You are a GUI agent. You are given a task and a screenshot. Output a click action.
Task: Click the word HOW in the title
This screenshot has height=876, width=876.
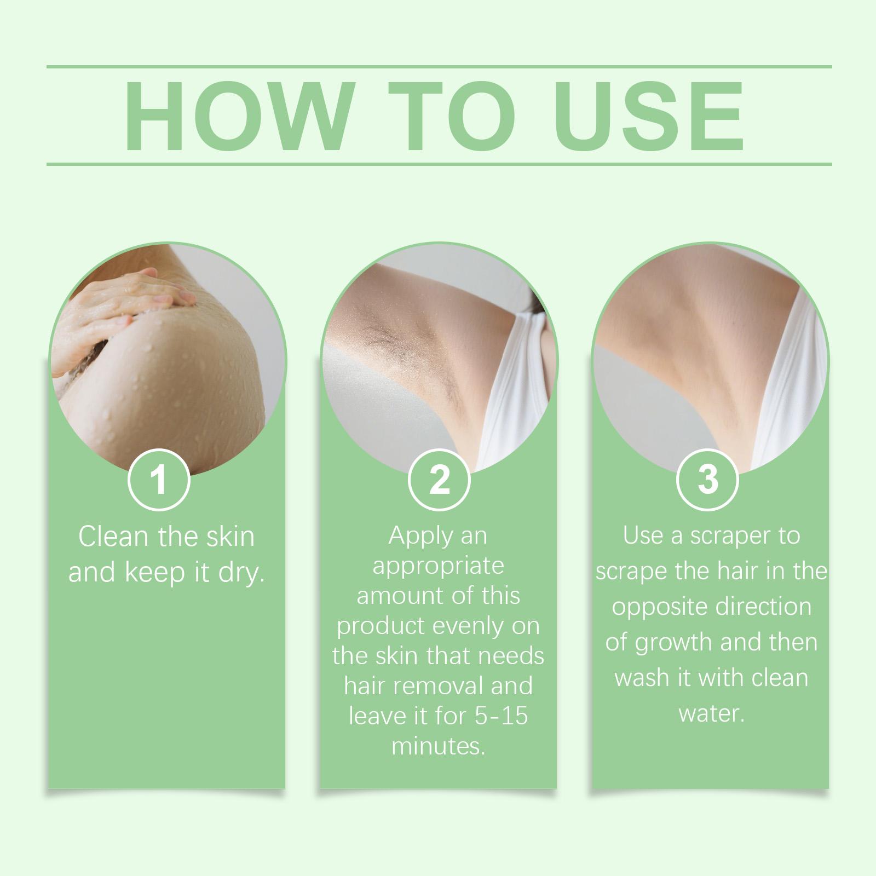pyautogui.click(x=236, y=116)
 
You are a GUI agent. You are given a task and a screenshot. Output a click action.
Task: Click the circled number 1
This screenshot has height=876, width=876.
pyautogui.click(x=159, y=479)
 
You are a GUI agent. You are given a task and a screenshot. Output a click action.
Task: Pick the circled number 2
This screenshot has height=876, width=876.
pyautogui.click(x=439, y=479)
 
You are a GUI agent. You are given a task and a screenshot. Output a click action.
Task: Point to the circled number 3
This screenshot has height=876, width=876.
pyautogui.click(x=708, y=479)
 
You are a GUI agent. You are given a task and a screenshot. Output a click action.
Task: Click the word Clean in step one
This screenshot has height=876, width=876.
pyautogui.click(x=114, y=537)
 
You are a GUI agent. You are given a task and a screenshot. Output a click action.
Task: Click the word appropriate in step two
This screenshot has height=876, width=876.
pyautogui.click(x=438, y=566)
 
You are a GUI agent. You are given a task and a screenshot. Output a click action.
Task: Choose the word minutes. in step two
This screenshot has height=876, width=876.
pyautogui.click(x=439, y=746)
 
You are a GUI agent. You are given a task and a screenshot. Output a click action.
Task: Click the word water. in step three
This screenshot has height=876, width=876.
pyautogui.click(x=711, y=713)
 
